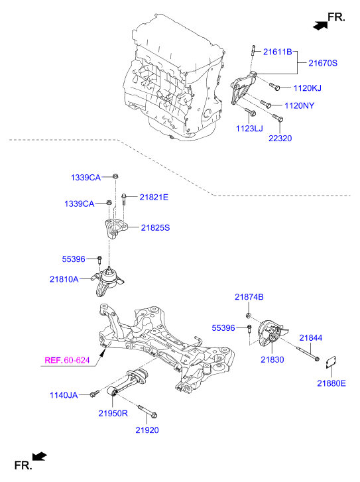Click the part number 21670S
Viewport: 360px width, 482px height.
click(323, 63)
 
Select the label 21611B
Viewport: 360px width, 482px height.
click(278, 51)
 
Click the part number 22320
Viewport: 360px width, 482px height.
click(280, 138)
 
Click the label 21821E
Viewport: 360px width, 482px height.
click(154, 197)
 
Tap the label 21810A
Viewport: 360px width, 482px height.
click(64, 279)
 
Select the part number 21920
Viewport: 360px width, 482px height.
click(148, 430)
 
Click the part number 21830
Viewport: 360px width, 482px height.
click(271, 359)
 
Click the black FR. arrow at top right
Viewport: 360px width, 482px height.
click(320, 25)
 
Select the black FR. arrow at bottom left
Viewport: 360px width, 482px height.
click(39, 455)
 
